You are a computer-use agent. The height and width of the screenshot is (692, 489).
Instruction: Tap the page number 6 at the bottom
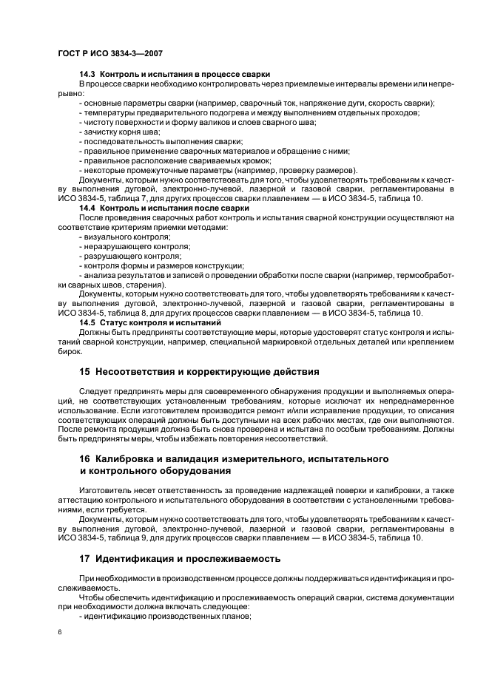pyautogui.click(x=60, y=633)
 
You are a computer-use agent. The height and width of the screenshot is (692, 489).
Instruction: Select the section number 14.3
pyautogui.click(x=87, y=75)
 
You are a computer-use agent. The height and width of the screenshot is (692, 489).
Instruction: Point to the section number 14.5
pyautogui.click(x=87, y=322)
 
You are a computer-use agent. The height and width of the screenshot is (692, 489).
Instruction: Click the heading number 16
pyautogui.click(x=84, y=459)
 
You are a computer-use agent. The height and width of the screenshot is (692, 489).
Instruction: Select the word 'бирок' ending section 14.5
pyautogui.click(x=69, y=351)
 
